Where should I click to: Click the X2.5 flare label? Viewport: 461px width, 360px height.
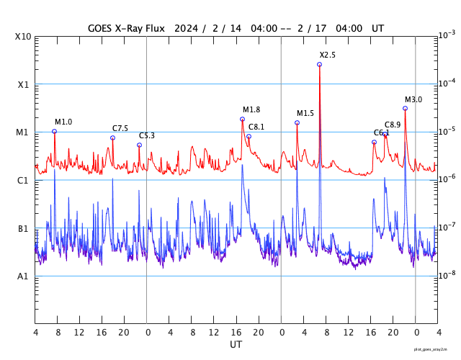pyautogui.click(x=327, y=55)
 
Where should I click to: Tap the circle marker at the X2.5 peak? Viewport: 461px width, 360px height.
pyautogui.click(x=319, y=65)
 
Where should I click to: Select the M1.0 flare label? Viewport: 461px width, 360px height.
pyautogui.click(x=63, y=122)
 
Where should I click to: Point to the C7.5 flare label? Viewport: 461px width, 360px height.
pyautogui.click(x=120, y=128)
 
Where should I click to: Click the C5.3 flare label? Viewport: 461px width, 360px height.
pyautogui.click(x=146, y=135)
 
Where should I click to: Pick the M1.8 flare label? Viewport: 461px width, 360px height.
pyautogui.click(x=251, y=109)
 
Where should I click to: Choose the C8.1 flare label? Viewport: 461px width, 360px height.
pyautogui.click(x=256, y=127)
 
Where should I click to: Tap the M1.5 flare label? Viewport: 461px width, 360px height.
pyautogui.click(x=305, y=113)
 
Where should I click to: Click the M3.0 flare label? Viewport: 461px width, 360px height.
pyautogui.click(x=413, y=99)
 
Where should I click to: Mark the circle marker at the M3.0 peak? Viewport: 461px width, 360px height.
pyautogui.click(x=405, y=108)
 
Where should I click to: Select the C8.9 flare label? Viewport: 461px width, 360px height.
pyautogui.click(x=393, y=125)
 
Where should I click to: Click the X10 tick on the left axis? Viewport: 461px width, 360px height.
pyautogui.click(x=23, y=36)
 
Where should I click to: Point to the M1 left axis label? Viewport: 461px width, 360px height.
pyautogui.click(x=23, y=132)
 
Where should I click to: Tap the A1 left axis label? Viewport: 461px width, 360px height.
pyautogui.click(x=23, y=276)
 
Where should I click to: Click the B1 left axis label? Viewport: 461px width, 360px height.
pyautogui.click(x=23, y=229)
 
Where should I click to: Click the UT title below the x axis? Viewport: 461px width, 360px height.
pyautogui.click(x=236, y=345)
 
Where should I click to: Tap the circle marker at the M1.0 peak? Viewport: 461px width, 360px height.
pyautogui.click(x=54, y=131)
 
